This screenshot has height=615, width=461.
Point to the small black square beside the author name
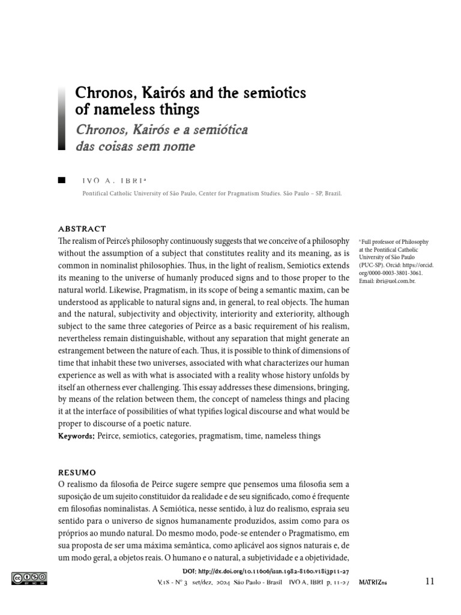(61, 180)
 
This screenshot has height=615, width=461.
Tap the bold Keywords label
(76, 435)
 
